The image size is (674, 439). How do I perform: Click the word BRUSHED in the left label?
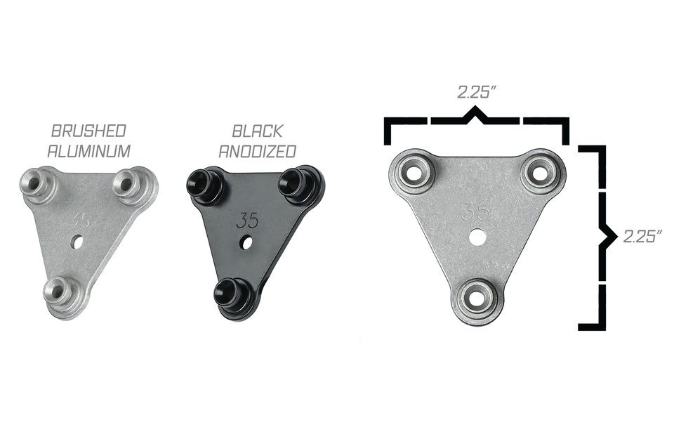click(x=88, y=131)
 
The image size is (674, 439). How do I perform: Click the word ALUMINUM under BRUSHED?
click(x=88, y=150)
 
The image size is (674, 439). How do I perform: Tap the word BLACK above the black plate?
click(x=257, y=131)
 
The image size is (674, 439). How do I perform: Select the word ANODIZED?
click(x=257, y=151)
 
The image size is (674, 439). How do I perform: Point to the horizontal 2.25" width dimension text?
click(x=476, y=92)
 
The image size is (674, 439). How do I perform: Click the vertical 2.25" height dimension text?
click(x=643, y=236)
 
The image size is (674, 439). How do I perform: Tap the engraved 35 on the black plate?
click(x=247, y=221)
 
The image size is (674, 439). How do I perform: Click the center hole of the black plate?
click(x=246, y=242)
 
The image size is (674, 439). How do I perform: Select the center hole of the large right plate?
click(x=477, y=237)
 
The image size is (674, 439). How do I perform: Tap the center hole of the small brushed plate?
click(x=77, y=242)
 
